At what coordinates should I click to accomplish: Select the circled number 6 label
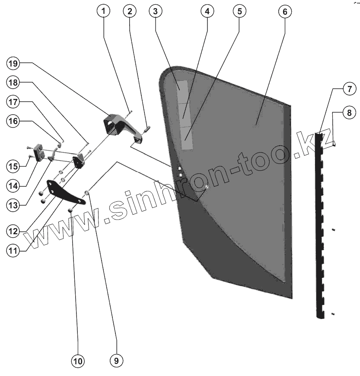pyautogui.click(x=283, y=12)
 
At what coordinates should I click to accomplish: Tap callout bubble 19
pyautogui.click(x=13, y=64)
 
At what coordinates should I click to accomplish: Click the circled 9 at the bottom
pyautogui.click(x=115, y=360)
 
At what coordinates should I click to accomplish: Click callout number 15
pyautogui.click(x=13, y=165)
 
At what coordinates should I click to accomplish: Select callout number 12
pyautogui.click(x=13, y=231)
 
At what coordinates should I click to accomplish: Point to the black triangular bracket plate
pyautogui.click(x=63, y=193)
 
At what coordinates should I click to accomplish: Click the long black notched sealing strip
pyautogui.click(x=320, y=225)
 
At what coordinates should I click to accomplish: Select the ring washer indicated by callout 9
pyautogui.click(x=87, y=192)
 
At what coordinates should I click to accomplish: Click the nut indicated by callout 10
pyautogui.click(x=70, y=210)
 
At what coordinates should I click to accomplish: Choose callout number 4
pyautogui.click(x=207, y=12)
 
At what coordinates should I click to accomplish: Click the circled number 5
pyautogui.click(x=239, y=12)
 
